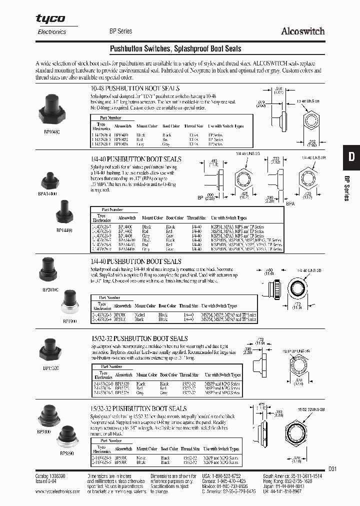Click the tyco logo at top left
(x=50, y=18)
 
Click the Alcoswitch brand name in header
(x=302, y=31)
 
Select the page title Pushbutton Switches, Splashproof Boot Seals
(x=175, y=49)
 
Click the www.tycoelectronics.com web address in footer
(x=58, y=491)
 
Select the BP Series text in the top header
(x=120, y=31)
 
